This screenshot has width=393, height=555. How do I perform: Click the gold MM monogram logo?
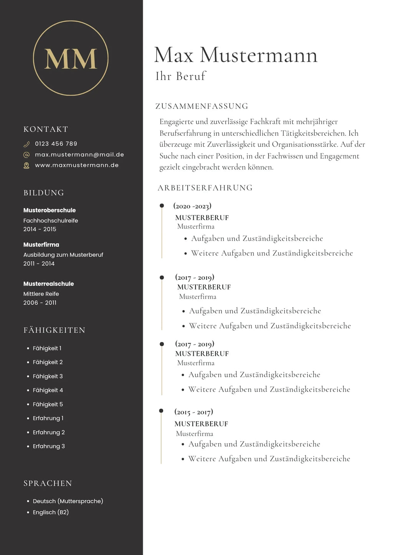coord(71,58)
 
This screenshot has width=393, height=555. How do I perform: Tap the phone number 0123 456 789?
coord(56,144)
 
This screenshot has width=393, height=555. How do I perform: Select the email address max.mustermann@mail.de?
coord(79,154)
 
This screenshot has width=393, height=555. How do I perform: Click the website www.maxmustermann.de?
coord(77,165)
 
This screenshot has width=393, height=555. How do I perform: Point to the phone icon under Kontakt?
coord(26,144)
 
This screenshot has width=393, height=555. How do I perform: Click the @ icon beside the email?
coord(26,155)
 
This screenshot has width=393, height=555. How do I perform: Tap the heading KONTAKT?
coord(46,129)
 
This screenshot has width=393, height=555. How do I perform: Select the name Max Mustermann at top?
coord(236,55)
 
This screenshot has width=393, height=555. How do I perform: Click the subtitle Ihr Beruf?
coord(181,76)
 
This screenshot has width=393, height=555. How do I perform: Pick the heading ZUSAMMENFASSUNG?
coord(202,106)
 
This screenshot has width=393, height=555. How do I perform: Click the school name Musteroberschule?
coord(50,210)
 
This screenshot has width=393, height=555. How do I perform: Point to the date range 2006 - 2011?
coord(40,302)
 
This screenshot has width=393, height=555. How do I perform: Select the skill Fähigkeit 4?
coord(48,390)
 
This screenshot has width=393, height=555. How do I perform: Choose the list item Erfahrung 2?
coord(49,432)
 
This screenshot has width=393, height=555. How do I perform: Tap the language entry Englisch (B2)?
coord(51,512)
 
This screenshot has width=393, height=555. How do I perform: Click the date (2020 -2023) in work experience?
coord(192,206)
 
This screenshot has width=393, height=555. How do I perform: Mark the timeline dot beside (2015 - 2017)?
coord(161,411)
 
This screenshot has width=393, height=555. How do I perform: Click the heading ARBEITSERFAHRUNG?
coord(205,188)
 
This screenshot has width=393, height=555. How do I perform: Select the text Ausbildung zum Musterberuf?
coord(63,255)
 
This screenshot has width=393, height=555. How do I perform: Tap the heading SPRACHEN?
coord(48,483)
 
